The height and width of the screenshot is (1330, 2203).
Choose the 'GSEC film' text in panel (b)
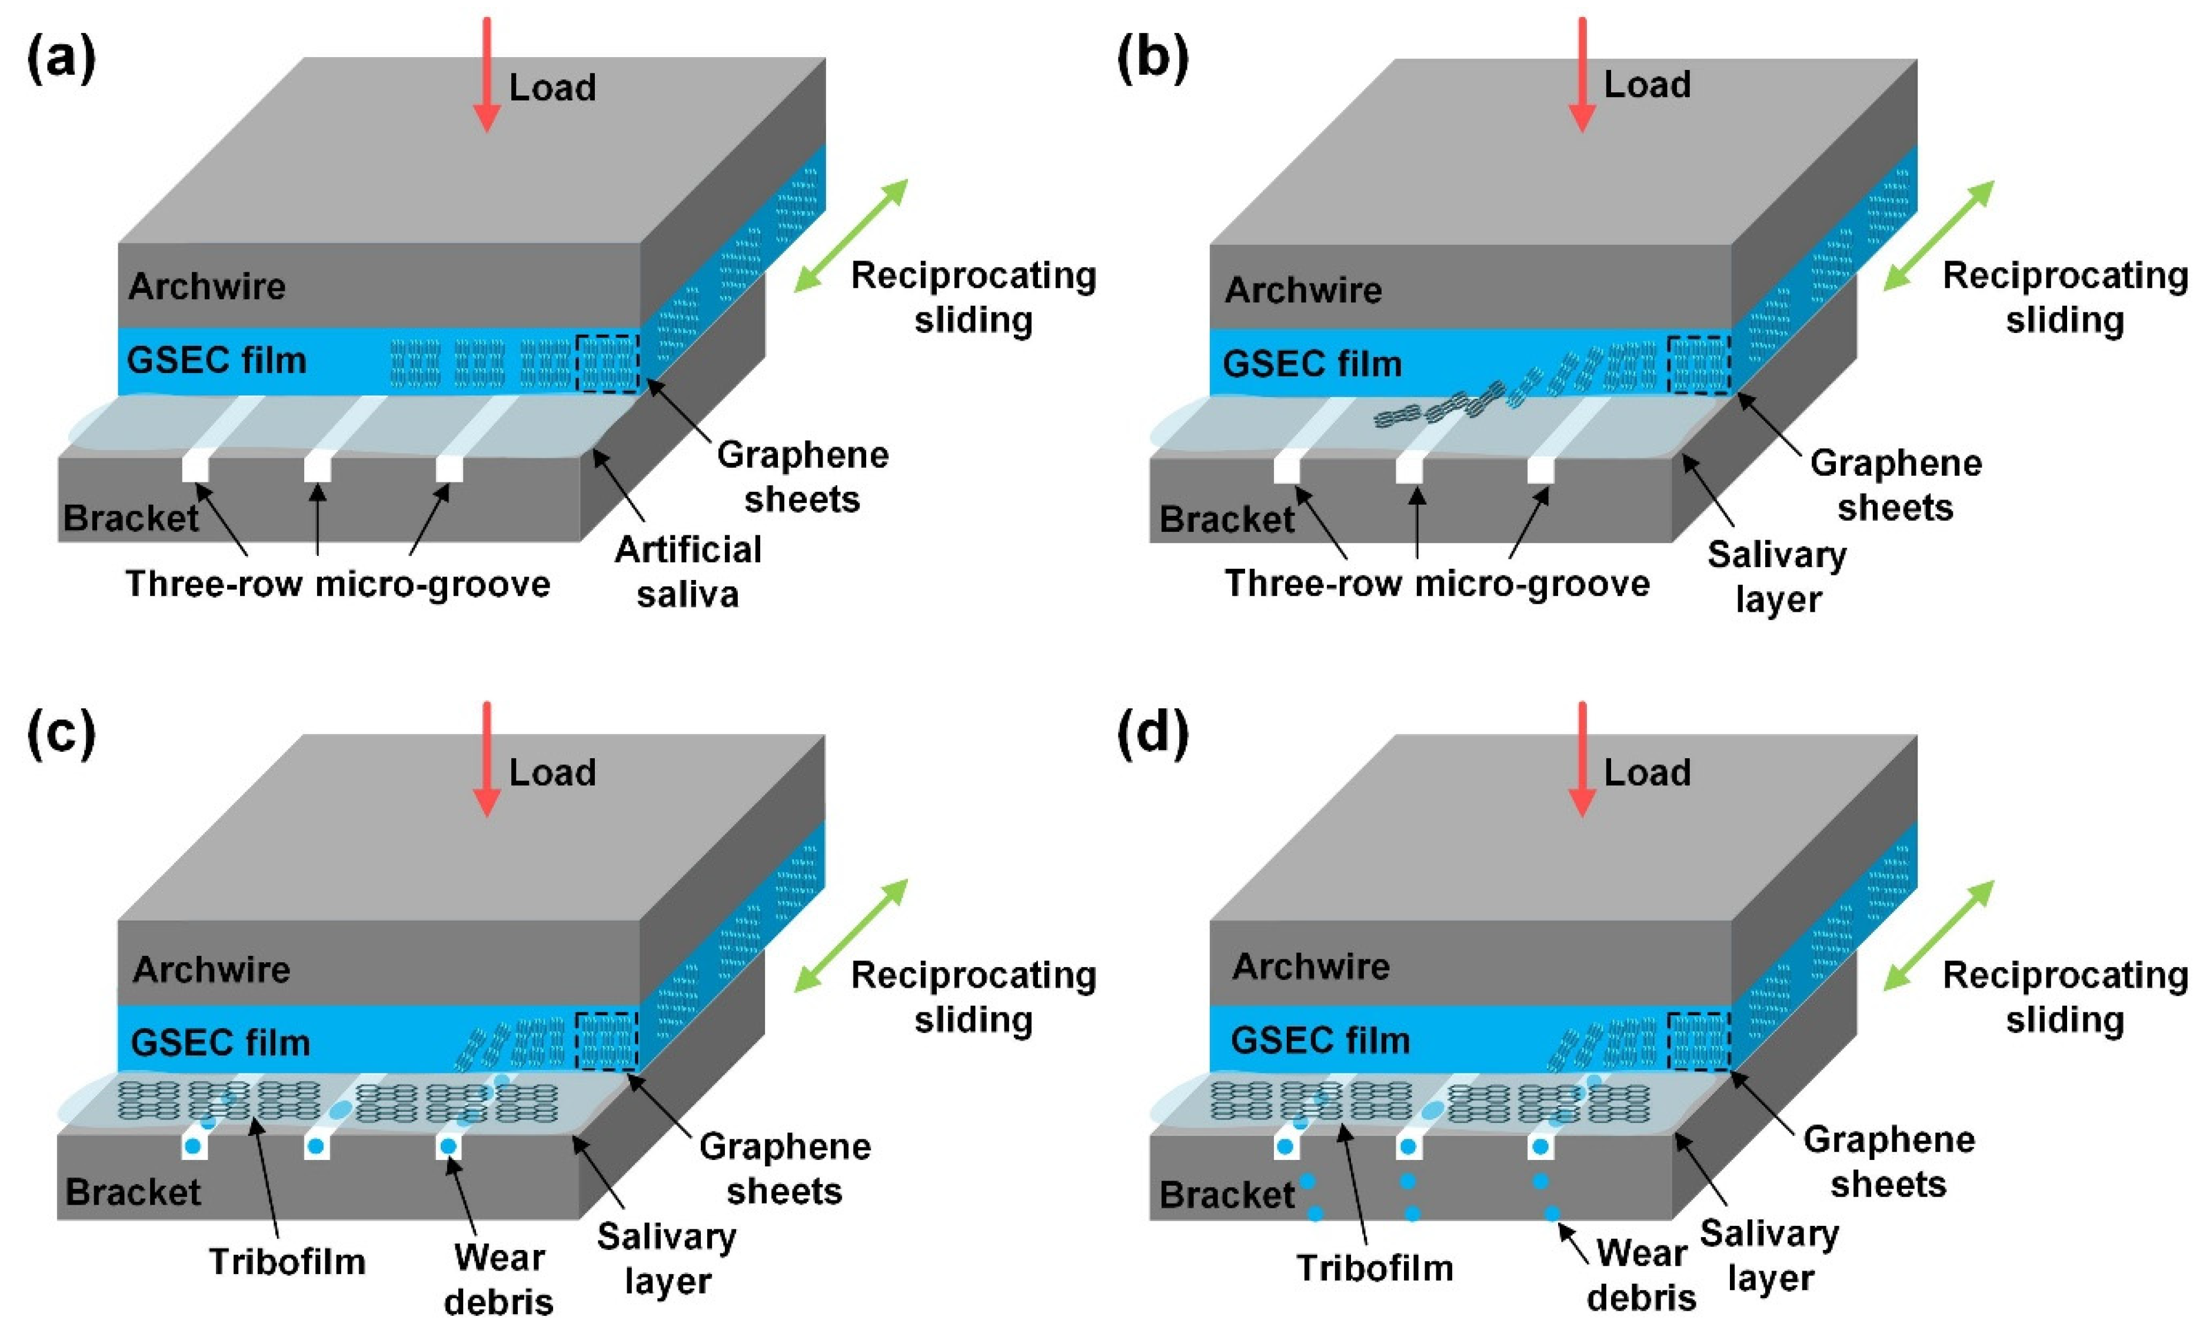(1312, 364)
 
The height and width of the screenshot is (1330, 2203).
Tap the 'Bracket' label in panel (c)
(133, 1192)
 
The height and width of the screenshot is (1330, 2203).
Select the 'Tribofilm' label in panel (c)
(287, 1262)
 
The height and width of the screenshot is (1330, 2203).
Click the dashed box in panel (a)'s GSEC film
(608, 364)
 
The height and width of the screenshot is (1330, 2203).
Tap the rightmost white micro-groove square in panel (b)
(1540, 470)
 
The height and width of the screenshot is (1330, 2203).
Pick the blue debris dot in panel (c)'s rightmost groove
(449, 1146)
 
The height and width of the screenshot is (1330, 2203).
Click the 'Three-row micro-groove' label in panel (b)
(1437, 584)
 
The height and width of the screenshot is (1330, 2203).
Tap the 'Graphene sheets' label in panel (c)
(784, 1168)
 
